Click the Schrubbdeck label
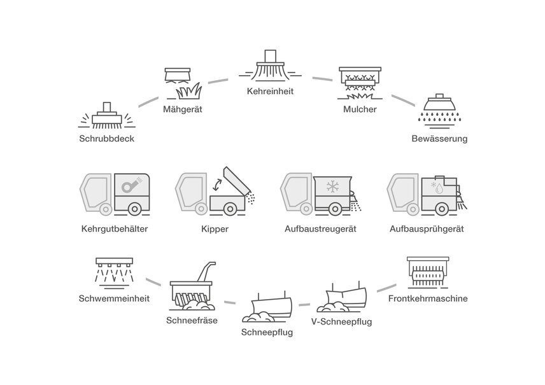[x=108, y=137]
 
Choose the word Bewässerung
[x=439, y=137]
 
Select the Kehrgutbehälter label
[x=115, y=228]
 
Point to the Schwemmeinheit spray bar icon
[x=115, y=270]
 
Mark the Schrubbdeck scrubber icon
[x=108, y=115]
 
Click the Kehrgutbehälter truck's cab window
[x=95, y=188]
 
